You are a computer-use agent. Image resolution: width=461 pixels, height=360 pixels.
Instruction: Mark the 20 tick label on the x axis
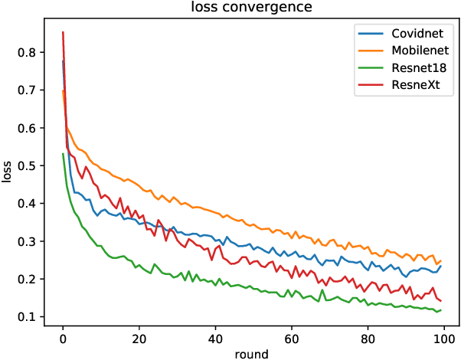point(139,337)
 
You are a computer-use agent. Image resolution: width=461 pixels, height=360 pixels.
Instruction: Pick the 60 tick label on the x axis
point(291,337)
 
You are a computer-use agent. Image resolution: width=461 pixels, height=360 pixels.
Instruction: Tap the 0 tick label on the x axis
point(63,337)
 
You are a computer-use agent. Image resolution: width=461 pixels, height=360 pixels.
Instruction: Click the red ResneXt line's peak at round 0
point(63,32)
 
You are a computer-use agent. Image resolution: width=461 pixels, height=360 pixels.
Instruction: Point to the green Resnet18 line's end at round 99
point(441,309)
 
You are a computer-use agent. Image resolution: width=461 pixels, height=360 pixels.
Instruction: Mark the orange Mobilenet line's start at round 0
point(63,91)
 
